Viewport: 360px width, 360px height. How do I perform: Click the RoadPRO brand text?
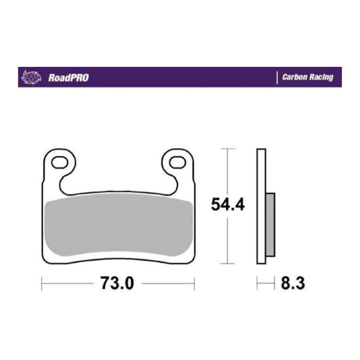click(x=68, y=78)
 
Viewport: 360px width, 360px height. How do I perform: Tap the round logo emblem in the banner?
click(x=30, y=77)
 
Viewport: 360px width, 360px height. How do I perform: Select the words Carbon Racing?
click(x=308, y=78)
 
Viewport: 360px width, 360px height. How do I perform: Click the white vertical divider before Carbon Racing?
click(x=277, y=77)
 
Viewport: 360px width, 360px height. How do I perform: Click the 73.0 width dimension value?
click(x=117, y=283)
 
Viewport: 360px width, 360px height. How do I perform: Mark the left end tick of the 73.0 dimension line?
click(x=42, y=283)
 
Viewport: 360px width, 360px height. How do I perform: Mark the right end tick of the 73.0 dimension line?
click(x=194, y=283)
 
